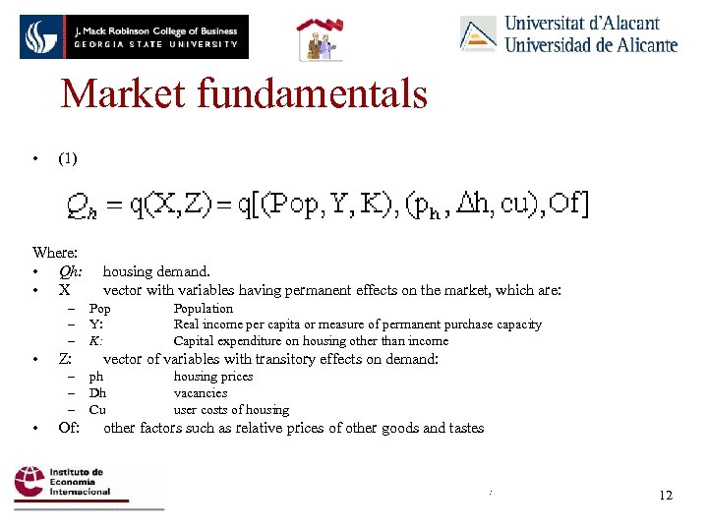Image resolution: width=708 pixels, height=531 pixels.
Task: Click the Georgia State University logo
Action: click(133, 36)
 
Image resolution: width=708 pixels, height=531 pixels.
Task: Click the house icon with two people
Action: click(321, 38)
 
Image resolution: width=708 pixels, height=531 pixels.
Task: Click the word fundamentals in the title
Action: click(315, 94)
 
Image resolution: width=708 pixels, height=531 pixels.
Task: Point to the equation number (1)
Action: click(68, 157)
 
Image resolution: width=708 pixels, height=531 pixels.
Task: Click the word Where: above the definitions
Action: click(55, 253)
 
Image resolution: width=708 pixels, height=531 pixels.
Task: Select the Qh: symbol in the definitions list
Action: click(71, 271)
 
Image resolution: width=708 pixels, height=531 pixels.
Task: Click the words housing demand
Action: click(156, 271)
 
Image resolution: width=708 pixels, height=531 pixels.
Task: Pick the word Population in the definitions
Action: click(204, 309)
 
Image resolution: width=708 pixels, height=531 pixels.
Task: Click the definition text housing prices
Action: click(213, 377)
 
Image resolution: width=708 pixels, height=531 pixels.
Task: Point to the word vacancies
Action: click(201, 393)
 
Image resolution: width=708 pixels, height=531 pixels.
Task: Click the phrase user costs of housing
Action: click(231, 410)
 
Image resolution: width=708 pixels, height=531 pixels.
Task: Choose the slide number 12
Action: click(666, 495)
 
